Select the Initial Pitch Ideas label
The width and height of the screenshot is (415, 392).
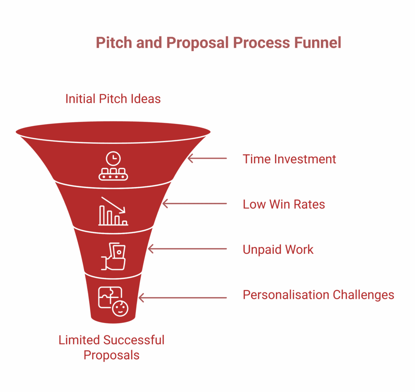tap(113, 98)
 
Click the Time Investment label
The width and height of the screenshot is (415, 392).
tap(289, 159)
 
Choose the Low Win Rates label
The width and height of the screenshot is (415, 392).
tap(284, 204)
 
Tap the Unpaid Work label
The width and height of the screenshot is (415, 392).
tap(278, 249)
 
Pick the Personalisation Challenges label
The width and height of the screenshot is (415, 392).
tap(318, 295)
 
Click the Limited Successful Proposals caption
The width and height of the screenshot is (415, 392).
tap(111, 347)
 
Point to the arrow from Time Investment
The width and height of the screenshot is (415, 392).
tap(207, 158)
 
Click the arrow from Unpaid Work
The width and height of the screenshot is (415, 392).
tap(187, 249)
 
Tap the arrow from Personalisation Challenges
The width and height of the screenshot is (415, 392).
tap(182, 298)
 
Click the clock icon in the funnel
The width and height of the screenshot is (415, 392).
tap(113, 158)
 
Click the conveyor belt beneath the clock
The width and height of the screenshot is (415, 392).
tap(113, 175)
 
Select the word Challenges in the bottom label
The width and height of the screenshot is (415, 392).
tap(364, 295)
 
